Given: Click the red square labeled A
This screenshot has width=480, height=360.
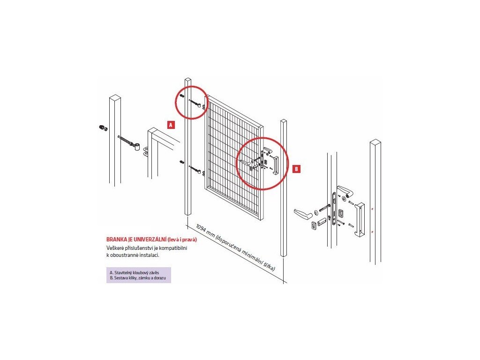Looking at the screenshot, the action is (171, 125).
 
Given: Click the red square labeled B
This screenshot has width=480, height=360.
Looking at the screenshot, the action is (296, 169).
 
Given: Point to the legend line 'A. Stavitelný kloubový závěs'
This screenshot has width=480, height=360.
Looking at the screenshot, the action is (134, 272).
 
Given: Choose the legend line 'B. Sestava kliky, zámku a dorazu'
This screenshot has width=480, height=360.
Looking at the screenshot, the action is (137, 278).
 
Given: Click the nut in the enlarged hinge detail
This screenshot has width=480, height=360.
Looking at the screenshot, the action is (103, 128).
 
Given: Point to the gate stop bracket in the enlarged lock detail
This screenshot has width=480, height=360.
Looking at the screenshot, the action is (360, 220).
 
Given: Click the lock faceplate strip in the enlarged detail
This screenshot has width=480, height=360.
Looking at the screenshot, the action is (335, 209).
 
